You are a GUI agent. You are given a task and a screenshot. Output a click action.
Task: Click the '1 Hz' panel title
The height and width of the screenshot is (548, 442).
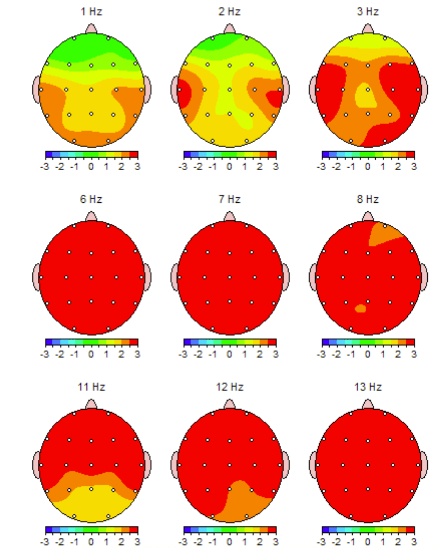point(91,12)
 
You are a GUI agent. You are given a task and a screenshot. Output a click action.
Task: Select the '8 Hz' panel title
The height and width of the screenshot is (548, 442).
point(368,199)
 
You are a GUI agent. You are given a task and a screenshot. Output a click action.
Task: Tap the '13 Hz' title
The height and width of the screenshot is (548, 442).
point(368,387)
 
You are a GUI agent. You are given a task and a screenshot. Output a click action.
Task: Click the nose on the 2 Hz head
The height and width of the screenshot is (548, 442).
point(229,29)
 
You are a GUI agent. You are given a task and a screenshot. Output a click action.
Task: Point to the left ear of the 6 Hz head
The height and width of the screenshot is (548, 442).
point(36,277)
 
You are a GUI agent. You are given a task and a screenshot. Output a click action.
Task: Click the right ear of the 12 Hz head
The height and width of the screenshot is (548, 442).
point(286,465)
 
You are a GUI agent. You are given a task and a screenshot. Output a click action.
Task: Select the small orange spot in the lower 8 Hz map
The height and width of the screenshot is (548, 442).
point(361,309)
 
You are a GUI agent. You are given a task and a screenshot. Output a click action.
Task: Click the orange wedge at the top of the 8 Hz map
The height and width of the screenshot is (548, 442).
point(383,235)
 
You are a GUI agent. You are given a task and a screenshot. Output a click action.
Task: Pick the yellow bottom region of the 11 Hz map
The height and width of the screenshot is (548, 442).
point(91,504)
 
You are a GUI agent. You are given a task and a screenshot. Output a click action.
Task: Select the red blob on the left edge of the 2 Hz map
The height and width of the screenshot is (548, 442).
point(184,92)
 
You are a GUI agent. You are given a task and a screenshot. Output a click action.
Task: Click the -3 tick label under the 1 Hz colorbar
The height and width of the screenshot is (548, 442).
point(45,167)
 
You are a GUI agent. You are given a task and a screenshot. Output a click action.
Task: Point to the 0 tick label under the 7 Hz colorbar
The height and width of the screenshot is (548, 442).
point(229,354)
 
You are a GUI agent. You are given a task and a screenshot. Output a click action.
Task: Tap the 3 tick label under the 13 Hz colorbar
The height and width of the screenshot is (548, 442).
point(414,542)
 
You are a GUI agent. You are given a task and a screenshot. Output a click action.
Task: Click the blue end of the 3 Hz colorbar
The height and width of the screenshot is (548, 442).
point(325,154)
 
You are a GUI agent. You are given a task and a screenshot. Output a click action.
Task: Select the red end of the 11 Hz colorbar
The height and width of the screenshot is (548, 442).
point(134,530)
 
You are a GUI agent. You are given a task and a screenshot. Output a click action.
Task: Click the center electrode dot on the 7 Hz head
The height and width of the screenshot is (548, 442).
point(229,277)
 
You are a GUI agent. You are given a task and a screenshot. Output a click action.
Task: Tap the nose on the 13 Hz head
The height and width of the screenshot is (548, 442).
point(368,405)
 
